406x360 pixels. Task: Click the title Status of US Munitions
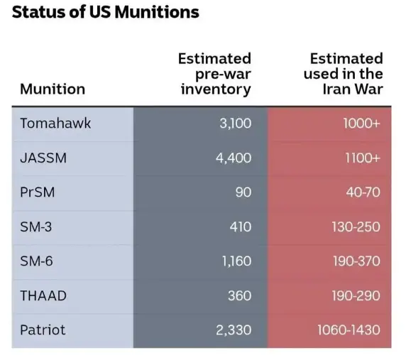click(105, 12)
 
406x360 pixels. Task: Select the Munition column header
click(53, 89)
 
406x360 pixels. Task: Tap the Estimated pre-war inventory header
click(214, 74)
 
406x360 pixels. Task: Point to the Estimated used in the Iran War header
click(344, 74)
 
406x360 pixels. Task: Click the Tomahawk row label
click(55, 123)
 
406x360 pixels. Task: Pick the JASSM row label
click(43, 158)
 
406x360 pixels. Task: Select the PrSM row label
click(38, 192)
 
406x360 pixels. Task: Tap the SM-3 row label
click(36, 227)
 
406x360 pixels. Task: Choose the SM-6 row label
click(36, 261)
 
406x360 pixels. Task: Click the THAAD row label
click(43, 295)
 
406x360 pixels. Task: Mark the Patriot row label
click(43, 329)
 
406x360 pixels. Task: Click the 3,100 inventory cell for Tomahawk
click(236, 124)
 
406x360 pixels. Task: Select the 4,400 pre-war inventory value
click(234, 158)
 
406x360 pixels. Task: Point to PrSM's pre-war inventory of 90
click(243, 192)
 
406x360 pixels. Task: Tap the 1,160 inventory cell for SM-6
click(236, 261)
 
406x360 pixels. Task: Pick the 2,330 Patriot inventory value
click(234, 330)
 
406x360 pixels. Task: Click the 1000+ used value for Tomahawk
click(362, 124)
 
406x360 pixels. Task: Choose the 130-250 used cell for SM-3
click(356, 227)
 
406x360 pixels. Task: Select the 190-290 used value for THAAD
click(356, 295)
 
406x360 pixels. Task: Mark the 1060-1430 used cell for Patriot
click(349, 329)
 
